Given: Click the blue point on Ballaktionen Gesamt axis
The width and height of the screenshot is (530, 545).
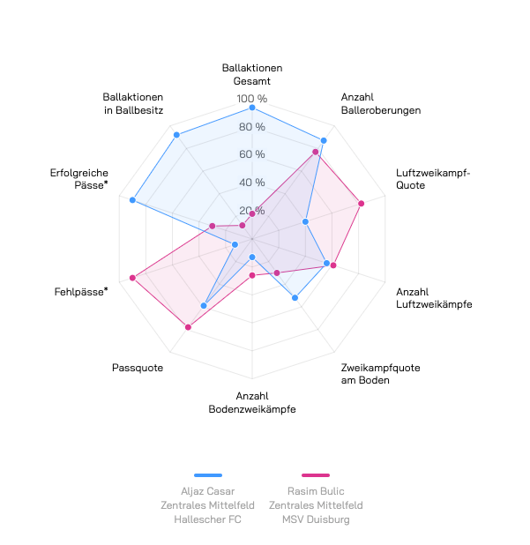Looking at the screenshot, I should point(252,108).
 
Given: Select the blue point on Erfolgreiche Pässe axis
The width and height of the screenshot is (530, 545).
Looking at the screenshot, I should point(132,200).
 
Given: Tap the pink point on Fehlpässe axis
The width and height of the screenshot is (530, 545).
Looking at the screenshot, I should point(132,278).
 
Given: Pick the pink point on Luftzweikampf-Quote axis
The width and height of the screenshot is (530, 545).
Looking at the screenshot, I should point(362,204).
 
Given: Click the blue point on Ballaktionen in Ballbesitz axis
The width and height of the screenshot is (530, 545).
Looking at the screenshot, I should point(176,135).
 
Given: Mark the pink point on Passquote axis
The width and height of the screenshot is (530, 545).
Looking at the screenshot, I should point(188,327).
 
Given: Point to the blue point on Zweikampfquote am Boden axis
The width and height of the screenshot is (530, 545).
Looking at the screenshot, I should point(295,298).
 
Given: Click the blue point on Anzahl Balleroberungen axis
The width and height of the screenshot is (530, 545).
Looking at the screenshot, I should point(324,140).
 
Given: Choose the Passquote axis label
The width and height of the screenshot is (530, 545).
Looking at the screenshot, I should point(138,368).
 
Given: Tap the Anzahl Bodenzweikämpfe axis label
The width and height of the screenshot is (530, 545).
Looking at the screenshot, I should point(252,403).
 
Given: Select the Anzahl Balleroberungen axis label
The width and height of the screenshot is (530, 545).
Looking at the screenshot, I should point(380,104).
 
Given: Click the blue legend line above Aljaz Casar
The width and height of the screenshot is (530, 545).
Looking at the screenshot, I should point(208,475).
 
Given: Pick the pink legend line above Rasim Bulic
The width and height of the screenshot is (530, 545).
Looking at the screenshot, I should point(315,475).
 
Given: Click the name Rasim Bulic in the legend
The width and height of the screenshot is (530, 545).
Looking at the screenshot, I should point(316,491).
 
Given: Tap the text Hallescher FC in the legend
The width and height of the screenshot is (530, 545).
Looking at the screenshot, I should point(208,519).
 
